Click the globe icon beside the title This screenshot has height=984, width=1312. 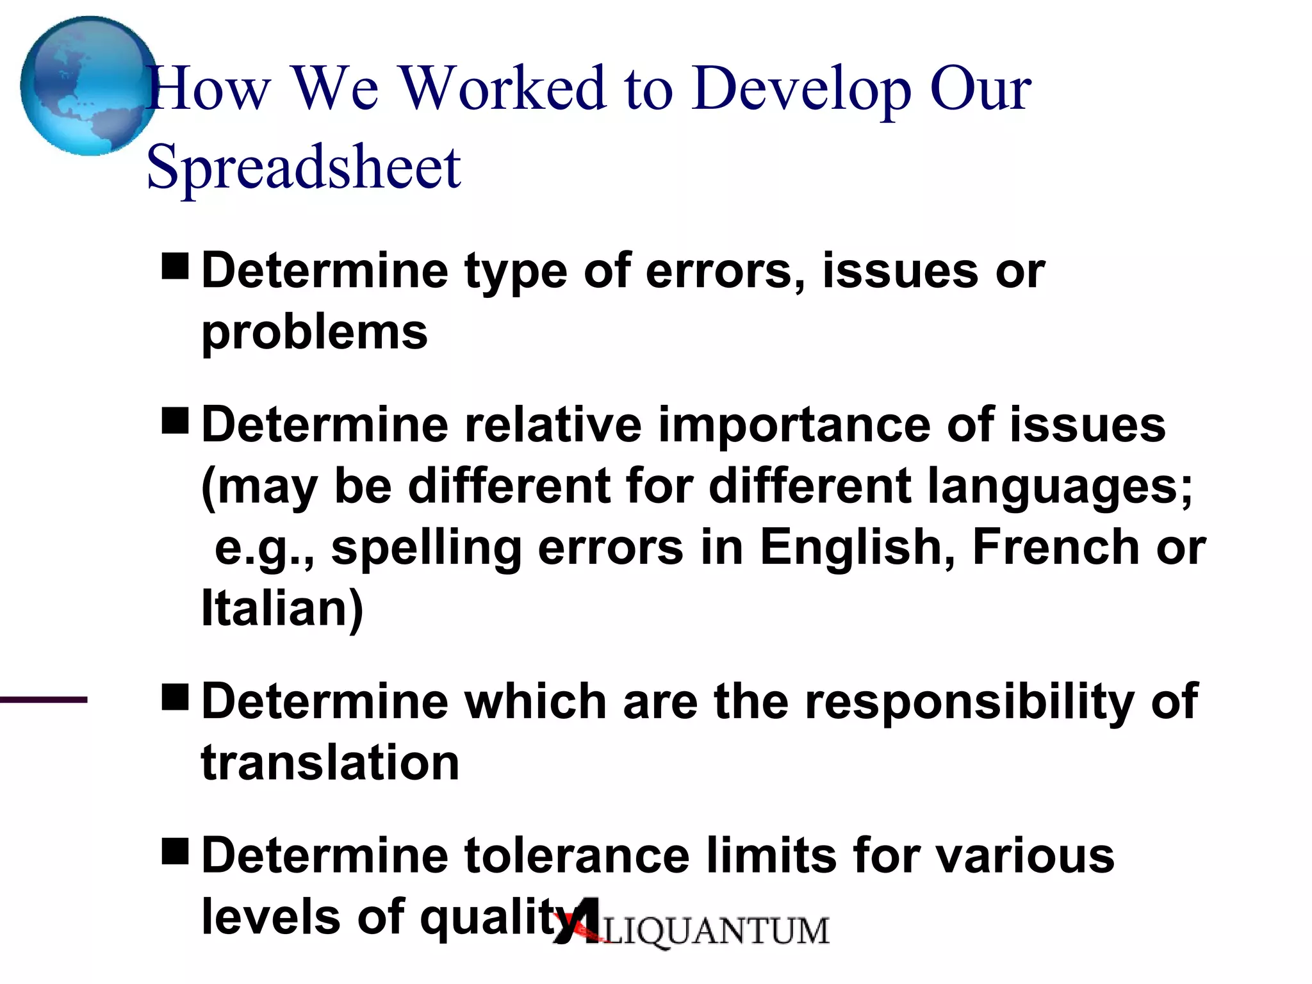click(x=88, y=86)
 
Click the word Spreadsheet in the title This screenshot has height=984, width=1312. click(x=303, y=167)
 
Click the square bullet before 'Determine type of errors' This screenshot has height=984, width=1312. click(x=175, y=266)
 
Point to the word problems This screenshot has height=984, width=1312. click(x=314, y=332)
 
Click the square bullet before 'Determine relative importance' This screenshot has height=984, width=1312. click(x=175, y=420)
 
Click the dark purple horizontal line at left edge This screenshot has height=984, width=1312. click(x=44, y=700)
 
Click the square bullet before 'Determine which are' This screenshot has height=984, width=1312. click(x=175, y=697)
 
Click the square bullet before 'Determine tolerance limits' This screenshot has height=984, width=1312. click(x=175, y=851)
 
